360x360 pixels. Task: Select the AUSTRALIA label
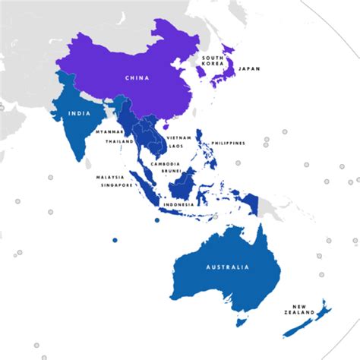point(227,267)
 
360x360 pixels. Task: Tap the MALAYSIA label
point(109,178)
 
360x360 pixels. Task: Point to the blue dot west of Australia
point(115,240)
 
